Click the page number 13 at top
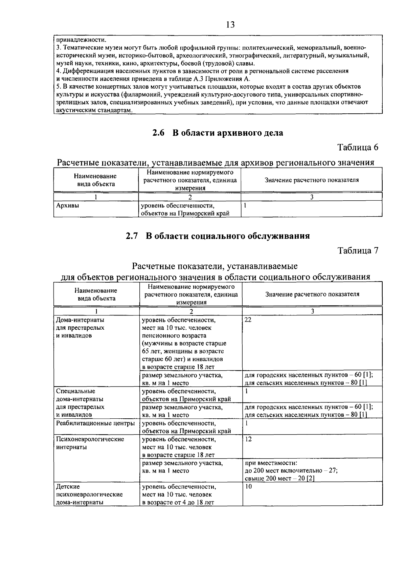(230, 25)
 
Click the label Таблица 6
(358, 147)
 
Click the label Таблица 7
(358, 250)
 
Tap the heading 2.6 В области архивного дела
(218, 133)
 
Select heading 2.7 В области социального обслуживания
(218, 236)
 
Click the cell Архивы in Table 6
(68, 205)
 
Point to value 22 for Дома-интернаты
(248, 320)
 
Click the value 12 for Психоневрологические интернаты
(248, 439)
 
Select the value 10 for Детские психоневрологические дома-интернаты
(248, 487)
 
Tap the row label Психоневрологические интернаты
(90, 443)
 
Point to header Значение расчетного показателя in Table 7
(312, 294)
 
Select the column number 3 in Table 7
(312, 311)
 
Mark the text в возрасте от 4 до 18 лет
(178, 502)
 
